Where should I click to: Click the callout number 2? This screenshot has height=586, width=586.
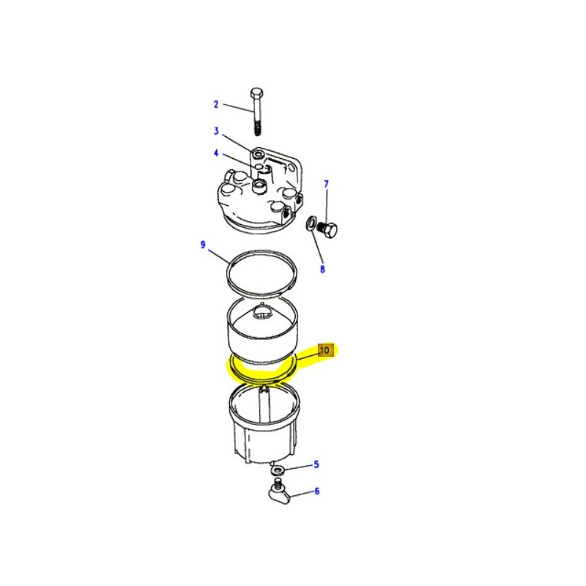pyautogui.click(x=216, y=104)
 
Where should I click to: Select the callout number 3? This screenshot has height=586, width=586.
pyautogui.click(x=216, y=131)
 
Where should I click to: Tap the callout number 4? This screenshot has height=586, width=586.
pyautogui.click(x=216, y=153)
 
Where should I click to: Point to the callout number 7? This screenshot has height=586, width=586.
pyautogui.click(x=326, y=183)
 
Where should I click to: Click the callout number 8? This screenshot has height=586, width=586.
pyautogui.click(x=322, y=269)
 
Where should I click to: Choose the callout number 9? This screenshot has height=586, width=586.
pyautogui.click(x=203, y=244)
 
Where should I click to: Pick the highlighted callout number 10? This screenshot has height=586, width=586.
pyautogui.click(x=325, y=350)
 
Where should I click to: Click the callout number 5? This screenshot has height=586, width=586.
pyautogui.click(x=316, y=464)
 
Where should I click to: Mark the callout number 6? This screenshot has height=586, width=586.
pyautogui.click(x=317, y=491)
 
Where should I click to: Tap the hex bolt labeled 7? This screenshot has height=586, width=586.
pyautogui.click(x=330, y=230)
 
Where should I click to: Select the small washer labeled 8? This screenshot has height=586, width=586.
pyautogui.click(x=311, y=223)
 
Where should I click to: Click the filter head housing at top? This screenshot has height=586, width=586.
pyautogui.click(x=260, y=198)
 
